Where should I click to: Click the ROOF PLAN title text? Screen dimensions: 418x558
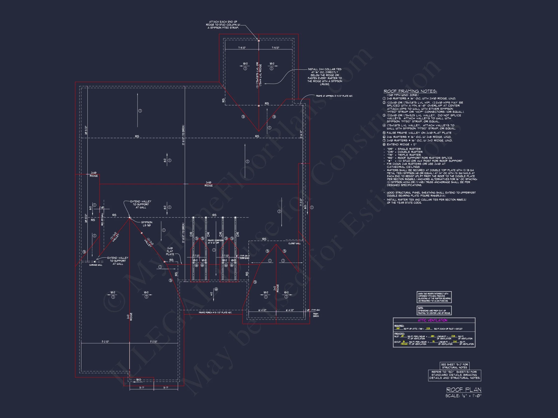pos(464,389)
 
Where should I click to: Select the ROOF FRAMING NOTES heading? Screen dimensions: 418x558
pos(410,91)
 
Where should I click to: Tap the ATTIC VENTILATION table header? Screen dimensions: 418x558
pos(432,320)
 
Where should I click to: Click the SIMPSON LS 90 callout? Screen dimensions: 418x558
pos(147,224)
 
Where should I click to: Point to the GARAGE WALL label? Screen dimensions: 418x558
pos(96,265)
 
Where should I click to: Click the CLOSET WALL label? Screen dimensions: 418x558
pos(294,243)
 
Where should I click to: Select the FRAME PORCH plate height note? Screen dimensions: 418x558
pos(215,313)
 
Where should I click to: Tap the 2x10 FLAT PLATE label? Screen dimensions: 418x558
pos(170,251)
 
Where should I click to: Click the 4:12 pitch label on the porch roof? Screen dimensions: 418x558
pos(211,293)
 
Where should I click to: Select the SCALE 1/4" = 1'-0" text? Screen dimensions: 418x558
pos(463,396)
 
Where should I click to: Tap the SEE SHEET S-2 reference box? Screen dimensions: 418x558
pos(454,366)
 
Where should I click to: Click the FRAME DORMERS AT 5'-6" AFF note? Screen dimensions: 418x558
pos(216,241)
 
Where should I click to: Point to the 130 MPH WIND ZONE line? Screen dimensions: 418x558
pos(403,95)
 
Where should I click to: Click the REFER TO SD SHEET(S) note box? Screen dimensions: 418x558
pos(454,375)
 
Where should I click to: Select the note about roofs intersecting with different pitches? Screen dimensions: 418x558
pos(434,297)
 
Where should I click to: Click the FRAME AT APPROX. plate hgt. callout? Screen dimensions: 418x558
pos(334,96)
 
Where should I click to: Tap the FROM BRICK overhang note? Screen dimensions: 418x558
pos(316,315)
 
